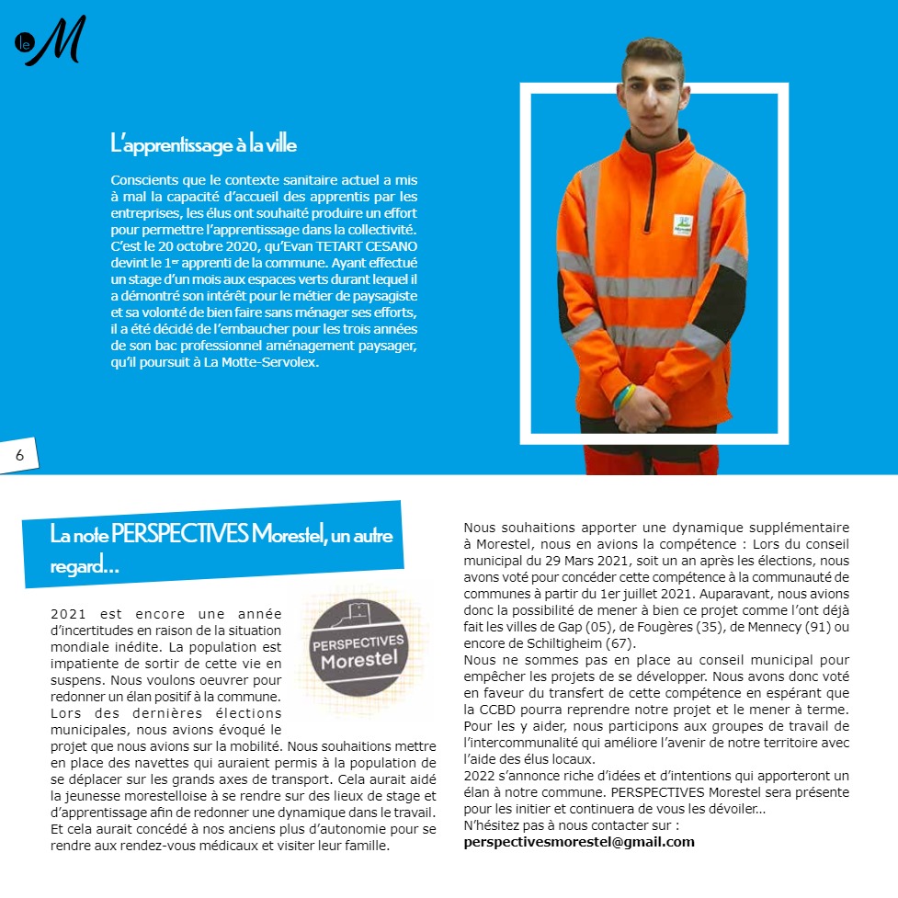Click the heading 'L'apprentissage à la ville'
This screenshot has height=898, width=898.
click(203, 144)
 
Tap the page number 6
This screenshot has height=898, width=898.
click(19, 455)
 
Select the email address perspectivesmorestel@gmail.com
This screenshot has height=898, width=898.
click(579, 841)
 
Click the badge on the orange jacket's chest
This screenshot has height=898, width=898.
click(684, 225)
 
